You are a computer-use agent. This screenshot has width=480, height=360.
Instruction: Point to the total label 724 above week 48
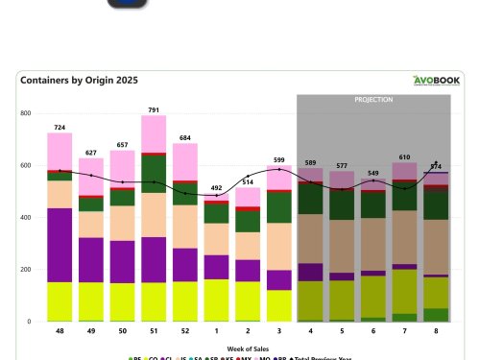[60, 127]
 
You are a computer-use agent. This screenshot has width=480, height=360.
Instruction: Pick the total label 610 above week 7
[404, 156]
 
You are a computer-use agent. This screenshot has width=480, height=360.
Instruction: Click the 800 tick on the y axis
[26, 113]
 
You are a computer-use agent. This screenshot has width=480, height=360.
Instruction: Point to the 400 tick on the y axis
[26, 218]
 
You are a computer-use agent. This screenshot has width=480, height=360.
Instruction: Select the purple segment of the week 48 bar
[60, 245]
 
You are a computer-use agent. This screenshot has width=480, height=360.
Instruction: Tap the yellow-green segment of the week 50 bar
[122, 301]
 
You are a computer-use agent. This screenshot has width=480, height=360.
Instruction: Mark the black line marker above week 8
[436, 162]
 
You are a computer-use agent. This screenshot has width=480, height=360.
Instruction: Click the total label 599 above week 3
[278, 159]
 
